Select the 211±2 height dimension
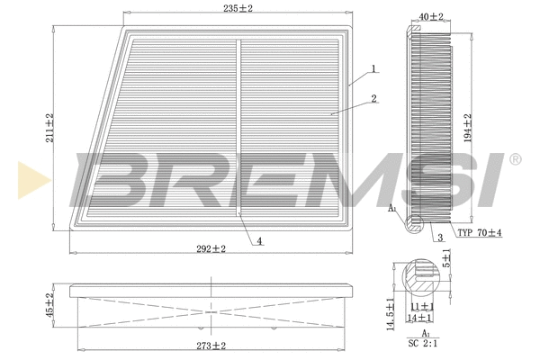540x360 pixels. click(51, 127)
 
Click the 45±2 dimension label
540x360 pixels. click(51, 306)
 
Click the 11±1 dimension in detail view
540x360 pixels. click(421, 307)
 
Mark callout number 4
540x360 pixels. click(258, 240)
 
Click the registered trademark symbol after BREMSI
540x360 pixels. click(514, 159)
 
